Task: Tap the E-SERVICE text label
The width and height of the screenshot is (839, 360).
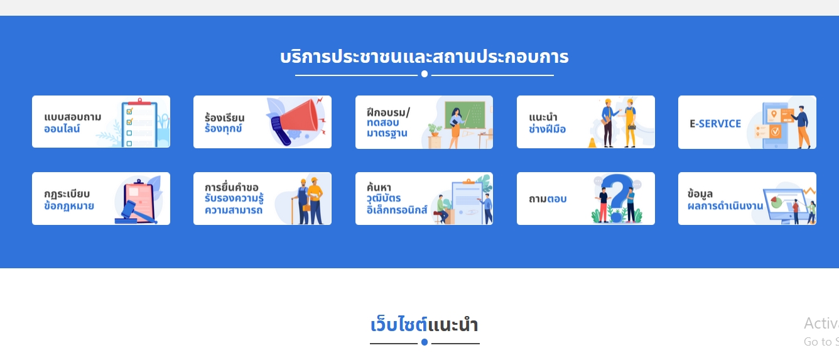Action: coord(715,124)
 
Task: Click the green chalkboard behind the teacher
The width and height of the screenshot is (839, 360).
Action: coord(465,115)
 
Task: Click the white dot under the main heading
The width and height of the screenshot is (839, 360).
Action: coord(425,74)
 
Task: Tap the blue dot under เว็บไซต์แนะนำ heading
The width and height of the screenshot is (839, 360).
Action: coord(425,342)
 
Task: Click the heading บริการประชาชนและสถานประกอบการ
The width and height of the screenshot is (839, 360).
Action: coord(425,57)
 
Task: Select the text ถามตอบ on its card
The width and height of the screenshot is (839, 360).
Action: coord(547,199)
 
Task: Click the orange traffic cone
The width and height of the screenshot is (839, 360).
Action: coord(592,143)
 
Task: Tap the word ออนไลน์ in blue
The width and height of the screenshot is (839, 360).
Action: coord(62,129)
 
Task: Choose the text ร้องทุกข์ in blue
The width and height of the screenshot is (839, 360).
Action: coord(223,129)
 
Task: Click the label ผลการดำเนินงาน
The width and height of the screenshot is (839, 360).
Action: coord(725,205)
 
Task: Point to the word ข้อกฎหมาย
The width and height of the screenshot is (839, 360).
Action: coord(69,205)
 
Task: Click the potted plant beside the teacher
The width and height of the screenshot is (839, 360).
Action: coord(435,130)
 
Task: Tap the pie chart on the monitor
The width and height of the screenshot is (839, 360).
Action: coord(776,203)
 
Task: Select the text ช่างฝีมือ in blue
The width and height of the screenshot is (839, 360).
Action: coord(547,129)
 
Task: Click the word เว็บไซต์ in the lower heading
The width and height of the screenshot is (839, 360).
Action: coord(399,324)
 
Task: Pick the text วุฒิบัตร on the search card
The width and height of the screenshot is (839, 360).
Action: coord(384,198)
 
